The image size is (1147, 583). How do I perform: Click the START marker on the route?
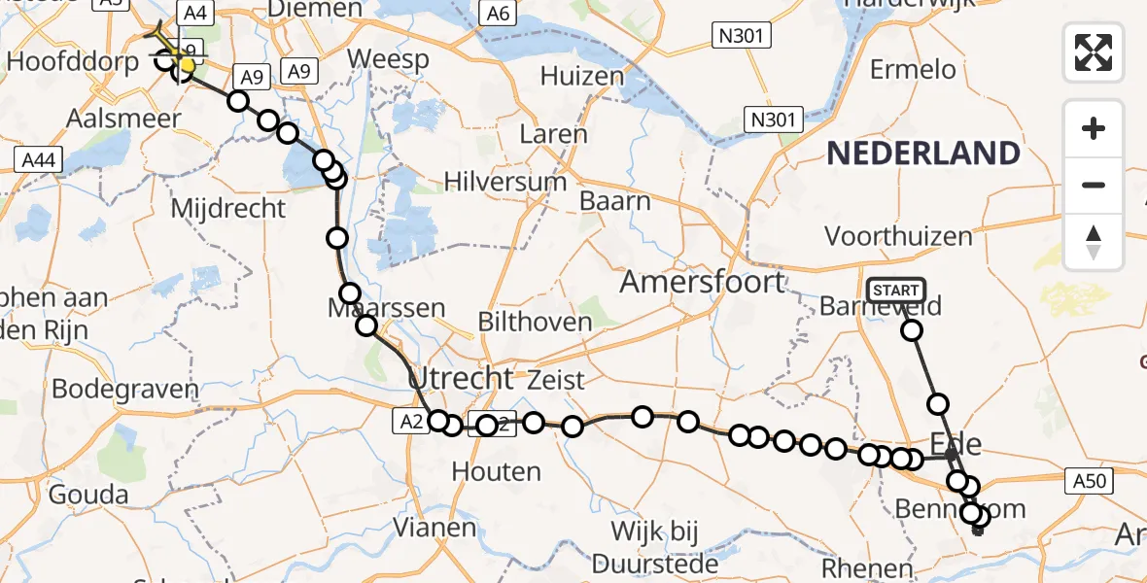[895, 290]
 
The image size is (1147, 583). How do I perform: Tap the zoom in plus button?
[1094, 129]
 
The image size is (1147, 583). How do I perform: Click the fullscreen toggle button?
[1094, 51]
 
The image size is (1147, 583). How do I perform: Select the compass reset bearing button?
[1094, 242]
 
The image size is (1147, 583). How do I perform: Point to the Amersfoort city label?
[702, 282]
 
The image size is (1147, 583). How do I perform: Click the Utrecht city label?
[461, 377]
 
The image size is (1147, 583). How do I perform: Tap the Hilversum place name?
[505, 182]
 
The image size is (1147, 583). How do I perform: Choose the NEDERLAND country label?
[922, 154]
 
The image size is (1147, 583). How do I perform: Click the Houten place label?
[497, 472]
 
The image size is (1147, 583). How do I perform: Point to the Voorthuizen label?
[898, 236]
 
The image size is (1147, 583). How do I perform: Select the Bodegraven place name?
[124, 390]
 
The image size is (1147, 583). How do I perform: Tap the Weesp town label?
[389, 59]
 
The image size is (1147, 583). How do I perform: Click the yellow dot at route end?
[187, 64]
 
